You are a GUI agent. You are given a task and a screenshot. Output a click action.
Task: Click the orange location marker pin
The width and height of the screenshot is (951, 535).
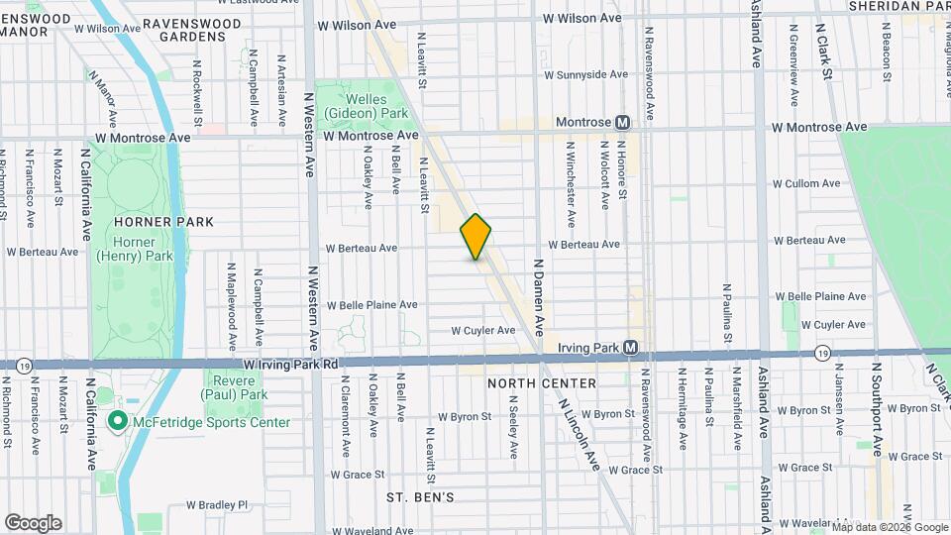click(475, 237)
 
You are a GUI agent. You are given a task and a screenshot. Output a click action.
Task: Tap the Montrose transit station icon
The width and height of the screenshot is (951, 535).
click(622, 122)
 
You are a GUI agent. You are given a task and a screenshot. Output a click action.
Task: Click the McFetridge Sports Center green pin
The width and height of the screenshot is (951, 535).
click(117, 422)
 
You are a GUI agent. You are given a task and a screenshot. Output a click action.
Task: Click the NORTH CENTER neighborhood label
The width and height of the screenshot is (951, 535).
click(541, 383)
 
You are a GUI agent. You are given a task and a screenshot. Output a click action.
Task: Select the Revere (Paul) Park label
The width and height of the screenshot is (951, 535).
click(239, 386)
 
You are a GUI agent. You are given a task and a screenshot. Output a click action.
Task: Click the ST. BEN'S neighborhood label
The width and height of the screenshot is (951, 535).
click(420, 496)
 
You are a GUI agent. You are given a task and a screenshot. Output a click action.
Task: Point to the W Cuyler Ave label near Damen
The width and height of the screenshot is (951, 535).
click(483, 330)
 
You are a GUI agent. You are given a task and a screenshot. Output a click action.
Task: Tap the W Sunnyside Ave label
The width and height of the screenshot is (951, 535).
click(586, 74)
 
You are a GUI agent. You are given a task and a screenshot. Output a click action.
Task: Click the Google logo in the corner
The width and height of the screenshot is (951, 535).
click(33, 523)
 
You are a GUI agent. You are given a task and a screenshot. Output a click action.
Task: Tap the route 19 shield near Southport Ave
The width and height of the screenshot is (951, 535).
click(823, 352)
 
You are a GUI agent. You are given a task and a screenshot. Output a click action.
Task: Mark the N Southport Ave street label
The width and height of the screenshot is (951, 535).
click(876, 406)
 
